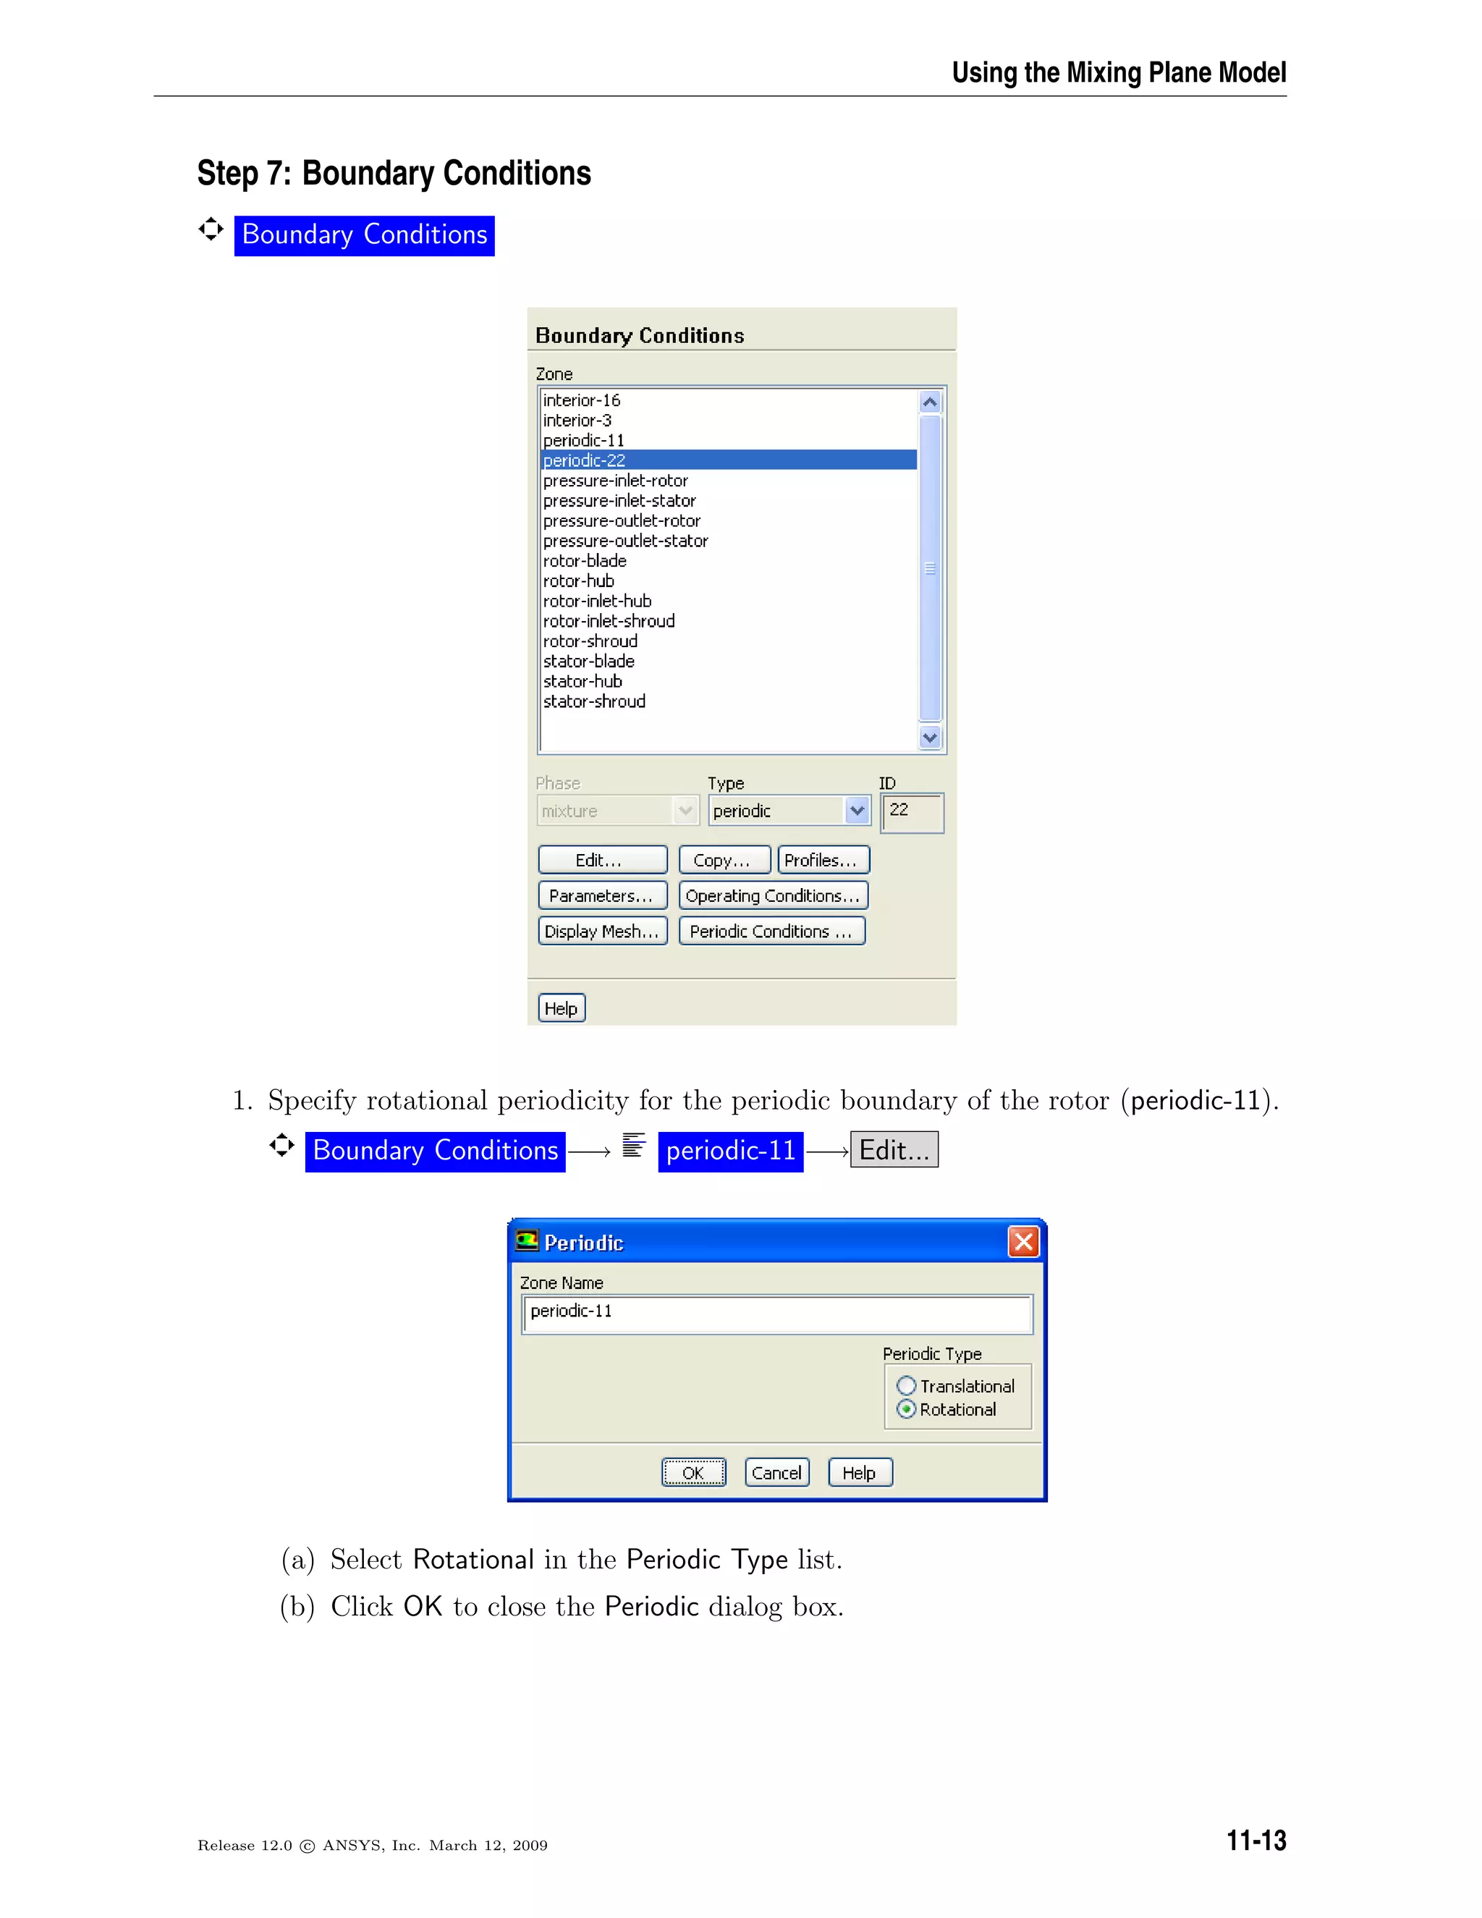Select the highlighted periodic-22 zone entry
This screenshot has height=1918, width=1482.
coord(585,460)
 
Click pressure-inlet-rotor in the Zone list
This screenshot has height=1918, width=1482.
coord(616,481)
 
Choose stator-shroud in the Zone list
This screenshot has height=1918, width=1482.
coord(594,701)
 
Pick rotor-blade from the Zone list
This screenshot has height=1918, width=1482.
coord(585,560)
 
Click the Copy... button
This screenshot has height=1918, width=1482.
coord(724,860)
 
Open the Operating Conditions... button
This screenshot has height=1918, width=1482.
coord(773,896)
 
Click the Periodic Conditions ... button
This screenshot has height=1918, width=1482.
coord(771,931)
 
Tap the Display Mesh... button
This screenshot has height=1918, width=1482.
coord(602,931)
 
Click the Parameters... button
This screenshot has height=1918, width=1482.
coord(602,896)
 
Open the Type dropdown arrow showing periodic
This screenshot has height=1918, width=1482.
coord(857,811)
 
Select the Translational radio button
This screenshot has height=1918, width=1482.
coord(907,1386)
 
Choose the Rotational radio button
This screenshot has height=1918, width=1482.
coord(907,1409)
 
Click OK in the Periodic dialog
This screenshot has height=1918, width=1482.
coord(693,1473)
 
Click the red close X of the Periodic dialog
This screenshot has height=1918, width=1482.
coord(1022,1242)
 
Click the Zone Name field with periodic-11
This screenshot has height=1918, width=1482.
coord(776,1312)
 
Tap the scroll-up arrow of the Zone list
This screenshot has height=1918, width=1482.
coord(930,402)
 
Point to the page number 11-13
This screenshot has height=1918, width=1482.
coord(1256,1840)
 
